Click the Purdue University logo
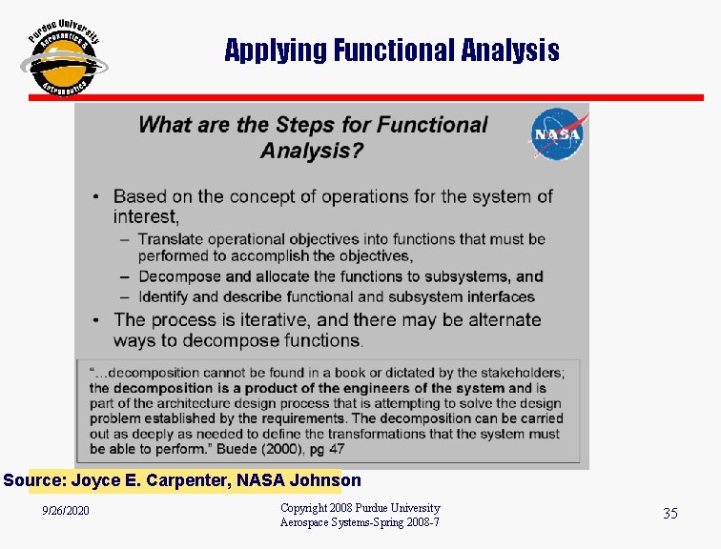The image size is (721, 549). tap(63, 57)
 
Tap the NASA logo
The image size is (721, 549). tap(558, 134)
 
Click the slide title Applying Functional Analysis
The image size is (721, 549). tap(392, 50)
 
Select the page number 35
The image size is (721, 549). tap(670, 514)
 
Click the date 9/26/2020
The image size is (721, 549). tap(66, 512)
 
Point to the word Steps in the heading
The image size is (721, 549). tap(306, 125)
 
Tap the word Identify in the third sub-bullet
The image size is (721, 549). tap(166, 296)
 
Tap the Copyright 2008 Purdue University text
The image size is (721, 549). tap(360, 508)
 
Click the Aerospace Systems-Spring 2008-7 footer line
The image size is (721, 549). tap(360, 522)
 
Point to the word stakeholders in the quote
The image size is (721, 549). tap(521, 373)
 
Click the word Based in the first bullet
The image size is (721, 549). tap(139, 196)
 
